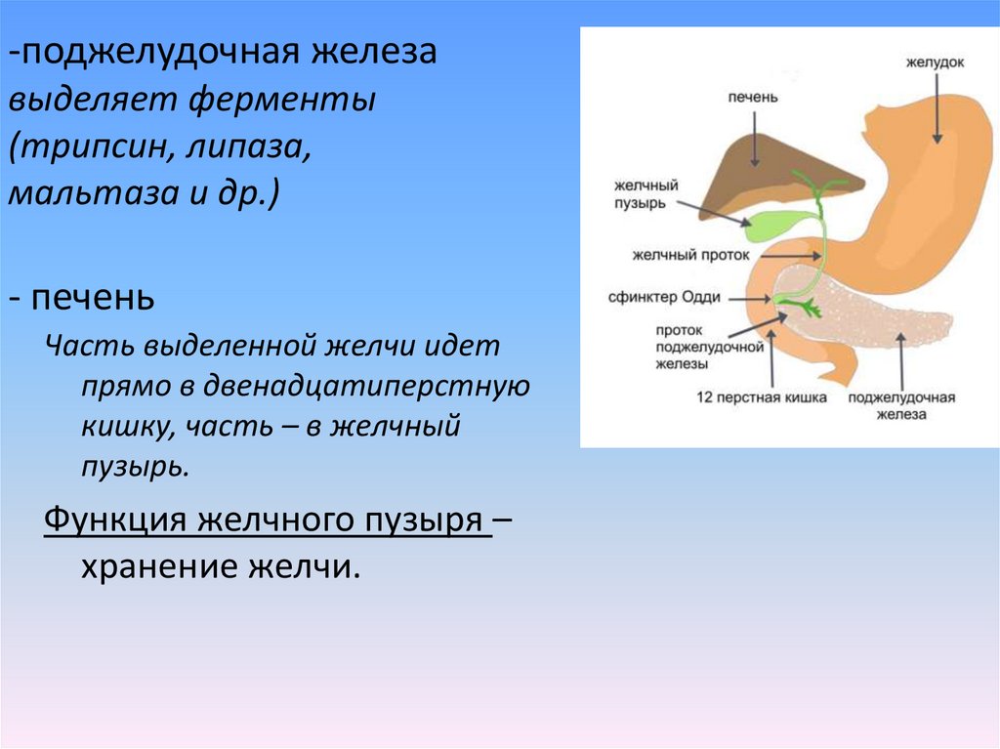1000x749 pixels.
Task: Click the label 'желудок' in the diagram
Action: click(936, 62)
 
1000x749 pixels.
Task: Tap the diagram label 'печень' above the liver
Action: click(751, 100)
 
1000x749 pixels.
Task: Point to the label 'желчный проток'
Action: click(690, 255)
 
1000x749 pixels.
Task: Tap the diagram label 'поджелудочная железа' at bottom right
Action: click(900, 405)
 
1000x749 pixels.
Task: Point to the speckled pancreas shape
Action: click(879, 312)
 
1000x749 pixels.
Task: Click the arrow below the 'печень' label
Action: click(751, 132)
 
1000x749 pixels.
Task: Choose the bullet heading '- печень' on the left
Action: click(83, 296)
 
